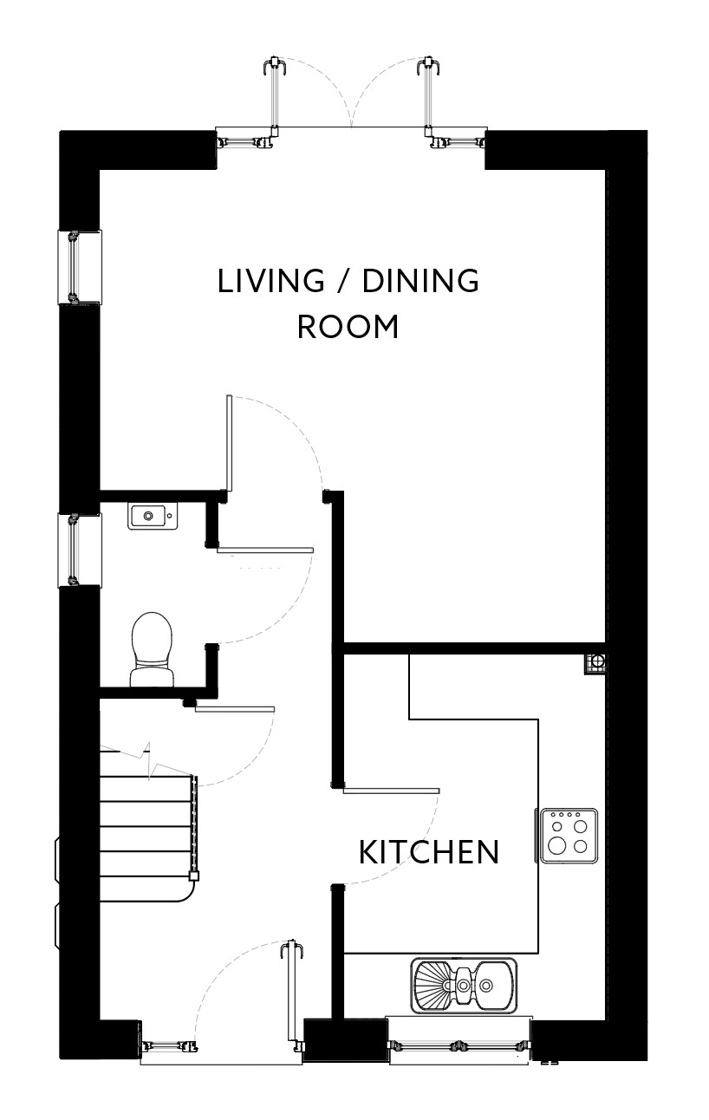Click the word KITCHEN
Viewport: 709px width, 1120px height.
429,852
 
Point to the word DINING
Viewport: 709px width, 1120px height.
420,281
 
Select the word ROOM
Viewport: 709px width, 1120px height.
348,327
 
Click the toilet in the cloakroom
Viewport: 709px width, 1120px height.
153,649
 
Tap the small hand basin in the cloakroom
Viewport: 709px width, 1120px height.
153,517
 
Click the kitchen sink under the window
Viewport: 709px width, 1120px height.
464,986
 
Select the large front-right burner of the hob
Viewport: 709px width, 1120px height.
557,846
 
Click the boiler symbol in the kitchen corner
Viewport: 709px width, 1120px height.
595,663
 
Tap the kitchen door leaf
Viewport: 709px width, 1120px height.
391,791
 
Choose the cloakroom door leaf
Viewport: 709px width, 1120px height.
265,550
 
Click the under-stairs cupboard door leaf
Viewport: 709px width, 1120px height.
235,708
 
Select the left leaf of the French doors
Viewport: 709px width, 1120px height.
274,95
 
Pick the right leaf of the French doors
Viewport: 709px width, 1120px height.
428,95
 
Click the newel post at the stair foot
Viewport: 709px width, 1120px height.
193,876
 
